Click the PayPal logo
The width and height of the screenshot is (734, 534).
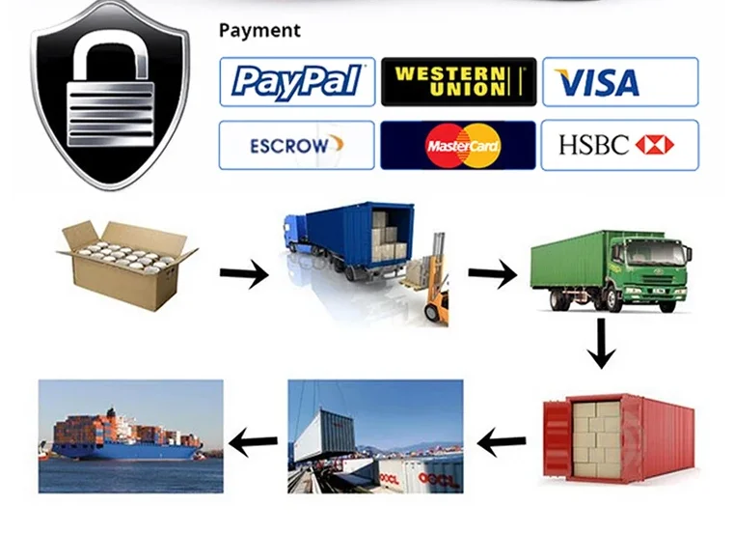pyautogui.click(x=296, y=82)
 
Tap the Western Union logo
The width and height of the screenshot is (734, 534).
pyautogui.click(x=457, y=82)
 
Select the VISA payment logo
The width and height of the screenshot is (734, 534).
pyautogui.click(x=619, y=82)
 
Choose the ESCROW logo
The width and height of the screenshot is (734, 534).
pyautogui.click(x=296, y=146)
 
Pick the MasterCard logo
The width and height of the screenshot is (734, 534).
pyautogui.click(x=457, y=146)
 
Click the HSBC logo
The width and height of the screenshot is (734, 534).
pyautogui.click(x=619, y=146)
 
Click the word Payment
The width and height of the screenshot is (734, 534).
pyautogui.click(x=259, y=30)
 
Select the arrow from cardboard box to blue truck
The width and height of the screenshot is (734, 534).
pyautogui.click(x=243, y=275)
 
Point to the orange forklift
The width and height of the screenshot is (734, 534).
pyautogui.click(x=435, y=285)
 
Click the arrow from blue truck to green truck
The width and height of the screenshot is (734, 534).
pyautogui.click(x=492, y=274)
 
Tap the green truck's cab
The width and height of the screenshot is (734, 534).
pyautogui.click(x=662, y=265)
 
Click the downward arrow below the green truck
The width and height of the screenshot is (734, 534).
pyautogui.click(x=602, y=344)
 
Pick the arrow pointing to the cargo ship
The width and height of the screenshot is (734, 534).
pyautogui.click(x=253, y=444)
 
